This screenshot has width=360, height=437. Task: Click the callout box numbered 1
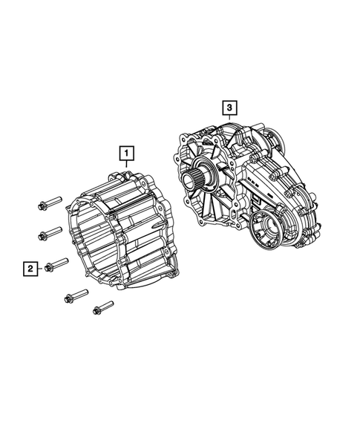[128, 154]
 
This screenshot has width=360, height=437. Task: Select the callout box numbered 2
[31, 268]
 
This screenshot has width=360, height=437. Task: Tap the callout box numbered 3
[230, 110]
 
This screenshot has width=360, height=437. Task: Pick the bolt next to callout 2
[56, 264]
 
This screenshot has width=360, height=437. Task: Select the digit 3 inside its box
[230, 110]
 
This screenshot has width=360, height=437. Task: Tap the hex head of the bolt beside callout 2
[49, 267]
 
